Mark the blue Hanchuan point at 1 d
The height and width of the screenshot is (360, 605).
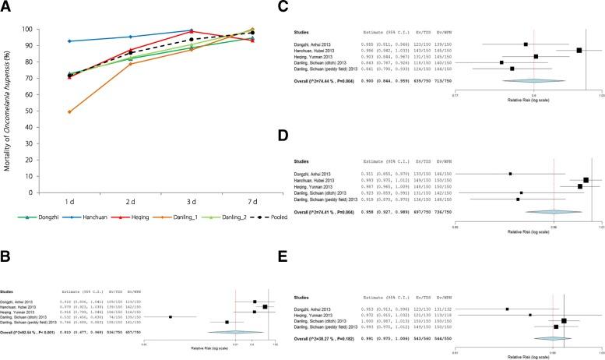pos(71,41)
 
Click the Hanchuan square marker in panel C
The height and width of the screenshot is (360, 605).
pos(579,50)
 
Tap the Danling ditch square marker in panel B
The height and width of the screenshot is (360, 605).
pos(170,317)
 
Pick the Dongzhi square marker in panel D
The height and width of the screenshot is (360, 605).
pos(509,174)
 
